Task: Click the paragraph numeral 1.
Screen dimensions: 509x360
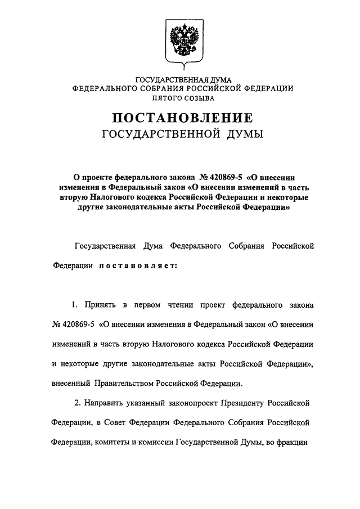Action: pyautogui.click(x=74, y=305)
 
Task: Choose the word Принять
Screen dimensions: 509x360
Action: pyautogui.click(x=101, y=305)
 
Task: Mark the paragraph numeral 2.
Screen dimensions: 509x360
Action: pyautogui.click(x=76, y=404)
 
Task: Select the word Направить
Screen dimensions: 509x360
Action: pyautogui.click(x=107, y=404)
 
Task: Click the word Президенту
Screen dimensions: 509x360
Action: pyautogui.click(x=238, y=404)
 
